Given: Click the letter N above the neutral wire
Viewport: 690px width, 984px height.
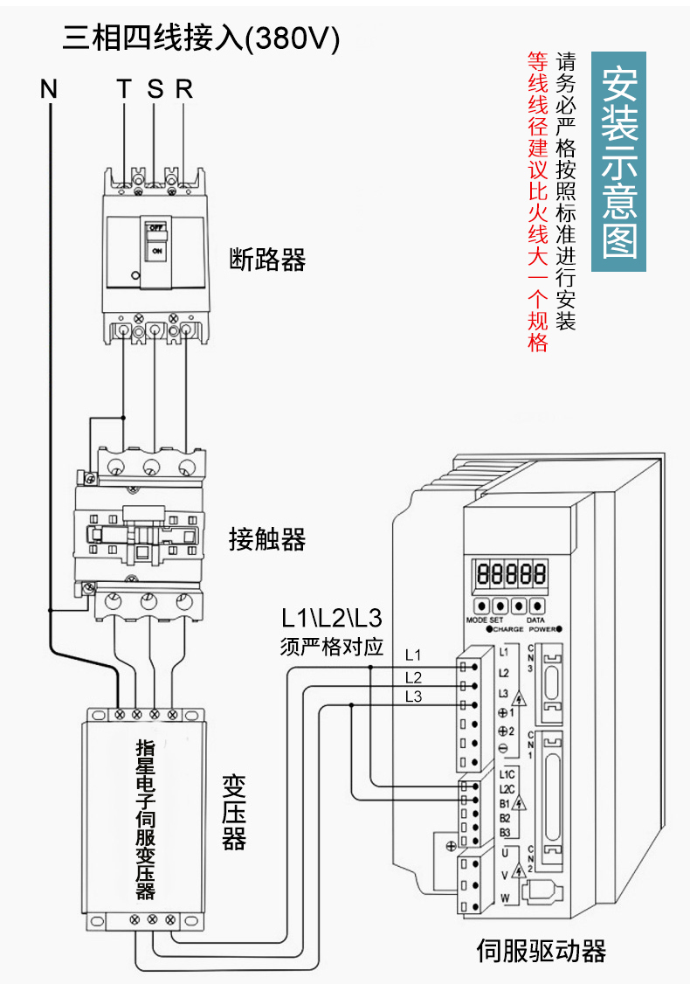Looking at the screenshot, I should (x=49, y=88).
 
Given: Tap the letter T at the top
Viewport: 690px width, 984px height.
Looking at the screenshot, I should (x=124, y=88).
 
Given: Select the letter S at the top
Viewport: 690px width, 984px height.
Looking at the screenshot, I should (x=155, y=88).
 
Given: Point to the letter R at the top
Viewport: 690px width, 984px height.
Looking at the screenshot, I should (x=183, y=88).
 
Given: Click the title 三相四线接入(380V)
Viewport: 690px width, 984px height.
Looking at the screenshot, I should (x=200, y=38).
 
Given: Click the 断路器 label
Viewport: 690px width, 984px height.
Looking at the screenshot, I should (x=267, y=260).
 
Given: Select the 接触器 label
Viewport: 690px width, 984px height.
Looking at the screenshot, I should (x=267, y=539).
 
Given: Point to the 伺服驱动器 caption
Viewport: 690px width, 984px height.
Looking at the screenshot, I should (x=541, y=951).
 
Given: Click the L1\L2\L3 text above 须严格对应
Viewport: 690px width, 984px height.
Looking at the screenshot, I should (x=331, y=619).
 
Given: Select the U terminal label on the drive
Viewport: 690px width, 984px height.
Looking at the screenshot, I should (x=505, y=852).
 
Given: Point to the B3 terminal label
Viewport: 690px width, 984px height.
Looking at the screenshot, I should (x=505, y=832).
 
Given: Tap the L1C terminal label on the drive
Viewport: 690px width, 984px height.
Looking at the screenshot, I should (x=507, y=774).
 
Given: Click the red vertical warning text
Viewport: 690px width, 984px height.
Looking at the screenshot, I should (x=537, y=201).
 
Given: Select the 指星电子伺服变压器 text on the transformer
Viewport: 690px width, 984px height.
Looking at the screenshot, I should (x=145, y=820).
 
